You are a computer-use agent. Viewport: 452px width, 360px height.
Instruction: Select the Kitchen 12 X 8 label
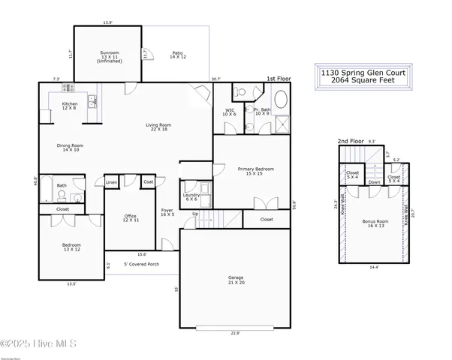pos(70,106)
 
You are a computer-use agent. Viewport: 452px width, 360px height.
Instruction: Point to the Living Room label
pos(158,127)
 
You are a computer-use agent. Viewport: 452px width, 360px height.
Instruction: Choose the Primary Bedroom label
pos(255,171)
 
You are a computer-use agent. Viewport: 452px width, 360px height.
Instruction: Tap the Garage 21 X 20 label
pos(235,280)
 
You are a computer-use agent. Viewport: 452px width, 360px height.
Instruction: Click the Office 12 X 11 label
pos(131,218)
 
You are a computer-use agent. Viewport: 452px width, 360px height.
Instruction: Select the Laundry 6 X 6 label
pos(190,196)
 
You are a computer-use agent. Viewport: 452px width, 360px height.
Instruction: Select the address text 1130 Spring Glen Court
pos(361,73)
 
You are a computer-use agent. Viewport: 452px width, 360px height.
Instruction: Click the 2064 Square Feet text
pos(361,82)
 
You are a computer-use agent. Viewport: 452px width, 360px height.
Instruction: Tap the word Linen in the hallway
pos(111,182)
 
